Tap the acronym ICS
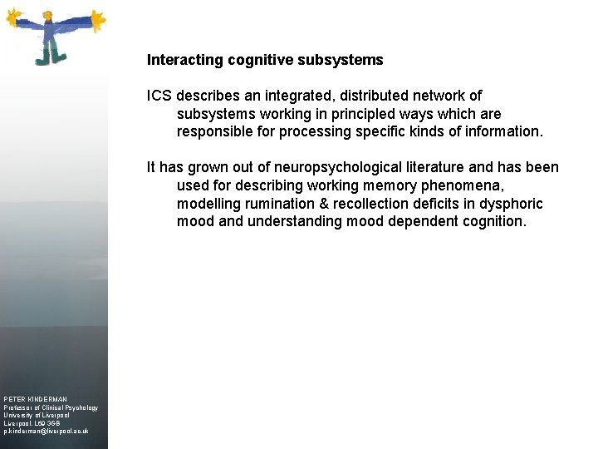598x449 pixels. coord(160,96)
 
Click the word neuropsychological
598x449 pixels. coord(346,168)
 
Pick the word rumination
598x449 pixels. coord(287,204)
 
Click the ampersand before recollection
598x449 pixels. coord(325,204)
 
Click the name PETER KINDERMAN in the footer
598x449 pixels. coord(36,399)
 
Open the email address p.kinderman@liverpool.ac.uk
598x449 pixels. coord(47,432)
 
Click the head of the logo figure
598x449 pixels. coord(50,17)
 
